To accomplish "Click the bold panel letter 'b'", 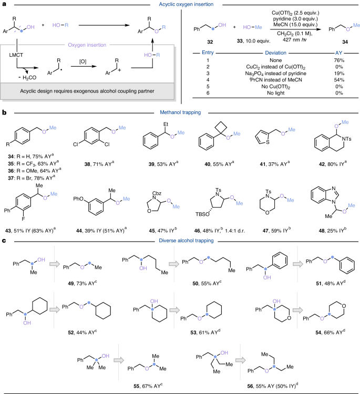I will click(x=4, y=112).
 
